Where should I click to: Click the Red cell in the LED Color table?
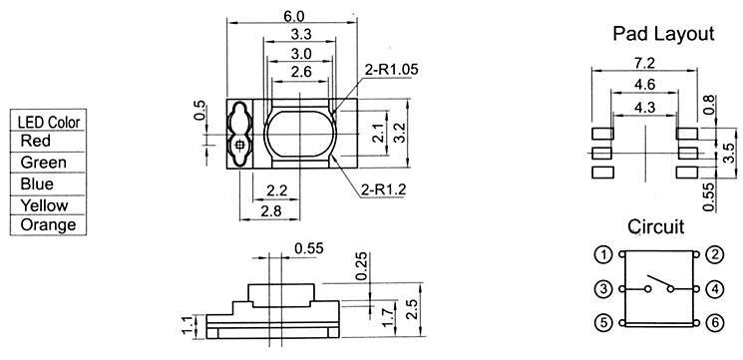[36, 141]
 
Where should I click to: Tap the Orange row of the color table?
[48, 224]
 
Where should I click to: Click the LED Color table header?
[49, 123]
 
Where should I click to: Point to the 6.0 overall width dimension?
[294, 16]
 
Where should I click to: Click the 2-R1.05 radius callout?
[391, 69]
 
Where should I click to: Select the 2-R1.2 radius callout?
[383, 189]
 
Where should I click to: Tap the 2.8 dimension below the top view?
[270, 211]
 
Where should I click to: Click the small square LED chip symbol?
[239, 145]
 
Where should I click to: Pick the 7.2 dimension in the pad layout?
[643, 63]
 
